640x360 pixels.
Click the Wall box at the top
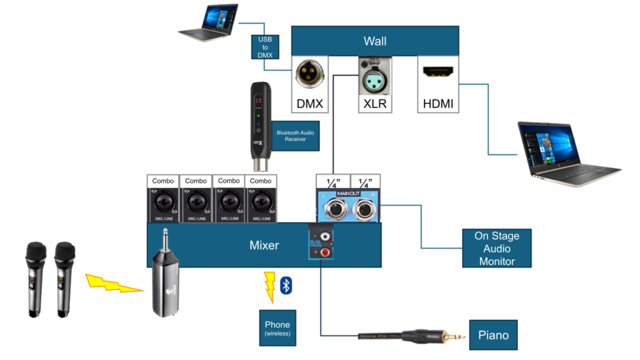(x=375, y=41)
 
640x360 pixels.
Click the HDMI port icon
(x=438, y=73)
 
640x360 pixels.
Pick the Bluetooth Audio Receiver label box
(x=296, y=136)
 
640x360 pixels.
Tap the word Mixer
(x=264, y=245)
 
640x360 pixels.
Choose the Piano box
(x=493, y=335)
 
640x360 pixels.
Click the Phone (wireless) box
(x=277, y=327)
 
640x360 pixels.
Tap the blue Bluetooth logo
(x=286, y=285)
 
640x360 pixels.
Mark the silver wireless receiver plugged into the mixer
(x=164, y=284)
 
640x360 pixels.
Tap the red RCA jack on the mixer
(x=324, y=251)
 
